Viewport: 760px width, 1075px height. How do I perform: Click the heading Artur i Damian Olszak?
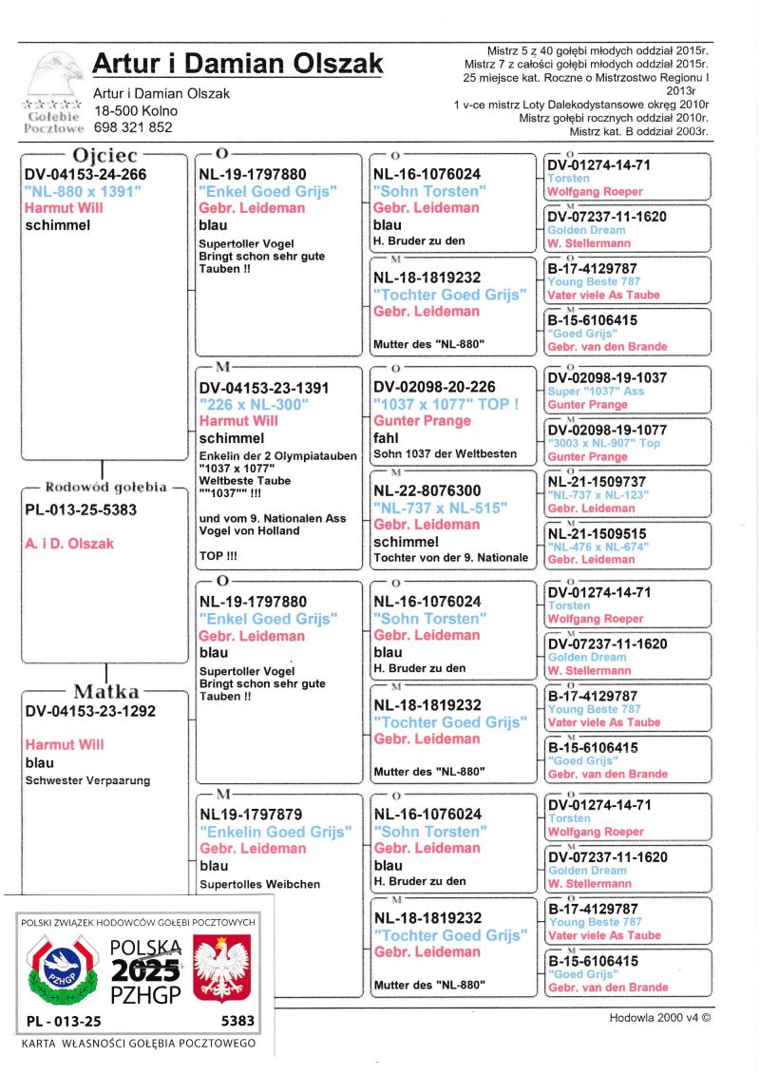(x=237, y=64)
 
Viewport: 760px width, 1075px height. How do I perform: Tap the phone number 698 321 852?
(x=133, y=126)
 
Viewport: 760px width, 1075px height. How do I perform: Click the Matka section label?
(x=105, y=691)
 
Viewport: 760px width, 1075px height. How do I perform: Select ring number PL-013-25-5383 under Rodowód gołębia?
(x=81, y=509)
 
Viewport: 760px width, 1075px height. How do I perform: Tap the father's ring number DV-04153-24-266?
(x=85, y=175)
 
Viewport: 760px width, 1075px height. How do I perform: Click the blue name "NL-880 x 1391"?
(x=83, y=191)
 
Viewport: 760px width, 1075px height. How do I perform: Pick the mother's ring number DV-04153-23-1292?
(x=90, y=710)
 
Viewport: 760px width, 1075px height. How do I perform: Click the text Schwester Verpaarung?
(x=87, y=780)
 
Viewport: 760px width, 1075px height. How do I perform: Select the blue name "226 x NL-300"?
(x=254, y=405)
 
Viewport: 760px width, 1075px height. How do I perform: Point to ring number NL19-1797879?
(x=253, y=815)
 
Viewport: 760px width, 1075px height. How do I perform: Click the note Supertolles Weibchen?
(x=259, y=884)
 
